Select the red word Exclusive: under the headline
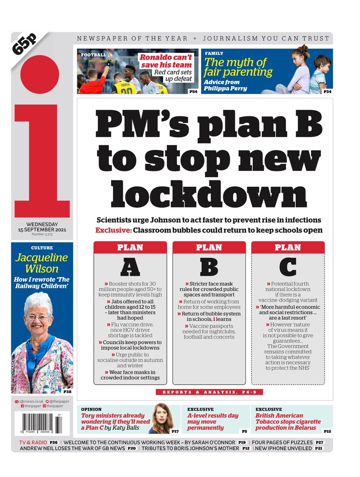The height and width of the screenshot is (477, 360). point(113,230)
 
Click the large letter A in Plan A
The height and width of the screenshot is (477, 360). point(130,267)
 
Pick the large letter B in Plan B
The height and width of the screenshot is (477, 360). point(209,267)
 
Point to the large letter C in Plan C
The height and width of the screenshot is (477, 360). point(288,267)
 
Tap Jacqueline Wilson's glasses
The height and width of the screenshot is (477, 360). point(38,318)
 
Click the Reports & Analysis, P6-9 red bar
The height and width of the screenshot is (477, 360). point(209,392)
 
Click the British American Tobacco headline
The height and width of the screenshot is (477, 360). point(288,421)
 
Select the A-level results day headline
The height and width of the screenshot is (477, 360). point(213,421)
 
